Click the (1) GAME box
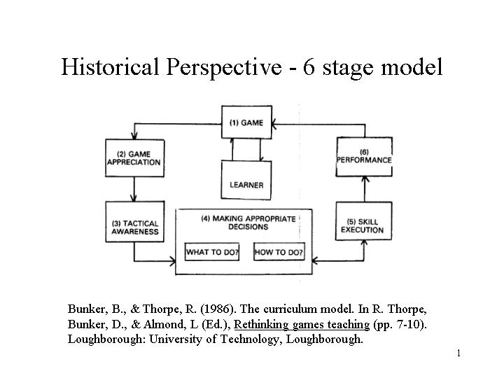[x=246, y=122]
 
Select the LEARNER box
[x=246, y=181]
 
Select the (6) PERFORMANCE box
[x=364, y=156]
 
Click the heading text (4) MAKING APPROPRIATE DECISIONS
[x=248, y=223]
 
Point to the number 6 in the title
[x=309, y=67]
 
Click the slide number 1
[x=458, y=353]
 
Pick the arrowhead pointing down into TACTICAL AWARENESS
[x=134, y=198]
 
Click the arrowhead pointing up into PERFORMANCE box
[x=363, y=176]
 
